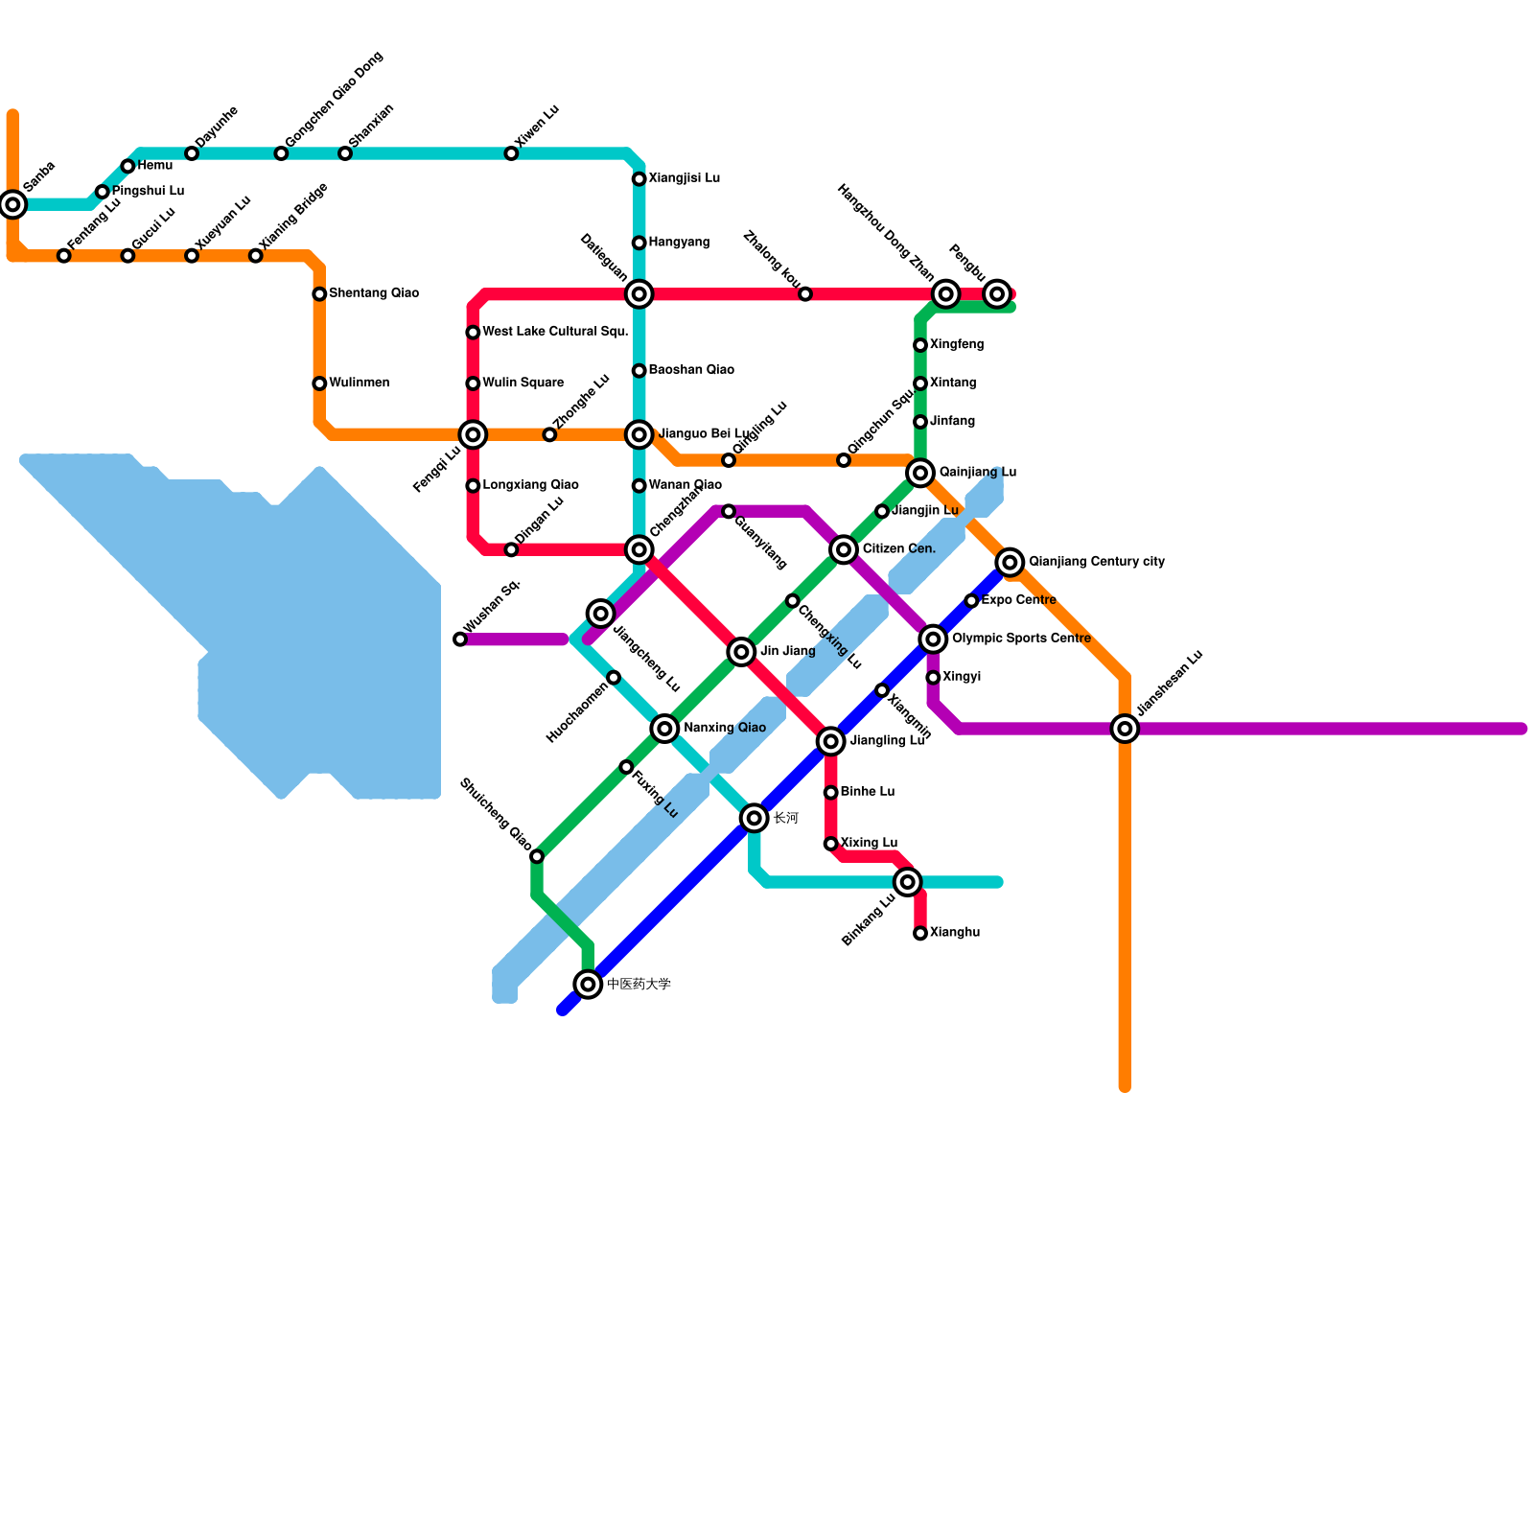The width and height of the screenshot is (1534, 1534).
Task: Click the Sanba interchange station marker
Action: pyautogui.click(x=12, y=203)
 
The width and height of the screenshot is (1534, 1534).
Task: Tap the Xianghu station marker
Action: pyautogui.click(x=920, y=933)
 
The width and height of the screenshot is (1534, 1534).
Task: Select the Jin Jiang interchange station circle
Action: pyautogui.click(x=741, y=652)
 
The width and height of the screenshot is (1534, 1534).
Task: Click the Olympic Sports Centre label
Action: pyautogui.click(x=1021, y=639)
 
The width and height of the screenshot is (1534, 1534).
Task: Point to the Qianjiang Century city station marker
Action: pyautogui.click(x=1010, y=562)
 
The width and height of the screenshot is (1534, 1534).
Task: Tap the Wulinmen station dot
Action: pyautogui.click(x=319, y=383)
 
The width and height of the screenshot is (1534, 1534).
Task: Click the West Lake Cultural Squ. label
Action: pyautogui.click(x=555, y=332)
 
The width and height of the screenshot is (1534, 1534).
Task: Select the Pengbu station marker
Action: pyautogui.click(x=997, y=293)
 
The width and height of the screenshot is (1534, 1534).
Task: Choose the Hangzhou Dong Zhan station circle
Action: pyautogui.click(x=946, y=293)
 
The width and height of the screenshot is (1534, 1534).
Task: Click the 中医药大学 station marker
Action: pyautogui.click(x=589, y=984)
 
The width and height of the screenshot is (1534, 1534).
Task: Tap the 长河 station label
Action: pyautogui.click(x=785, y=818)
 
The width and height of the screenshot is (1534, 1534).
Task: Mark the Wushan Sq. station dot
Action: pyautogui.click(x=460, y=639)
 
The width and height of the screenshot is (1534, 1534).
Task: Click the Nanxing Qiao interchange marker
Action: pyautogui.click(x=664, y=729)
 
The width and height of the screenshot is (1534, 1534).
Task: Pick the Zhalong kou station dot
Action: pyautogui.click(x=805, y=293)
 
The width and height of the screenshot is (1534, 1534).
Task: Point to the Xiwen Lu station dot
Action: pyautogui.click(x=511, y=153)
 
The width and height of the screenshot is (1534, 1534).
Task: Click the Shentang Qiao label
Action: pyautogui.click(x=373, y=293)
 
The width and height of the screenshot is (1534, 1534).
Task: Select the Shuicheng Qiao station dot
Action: pyautogui.click(x=537, y=856)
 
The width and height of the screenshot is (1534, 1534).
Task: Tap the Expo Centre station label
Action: pyautogui.click(x=1018, y=600)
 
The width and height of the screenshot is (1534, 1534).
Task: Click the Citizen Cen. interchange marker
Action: pyautogui.click(x=844, y=549)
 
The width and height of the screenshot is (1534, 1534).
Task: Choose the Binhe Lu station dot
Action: pyautogui.click(x=831, y=792)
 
